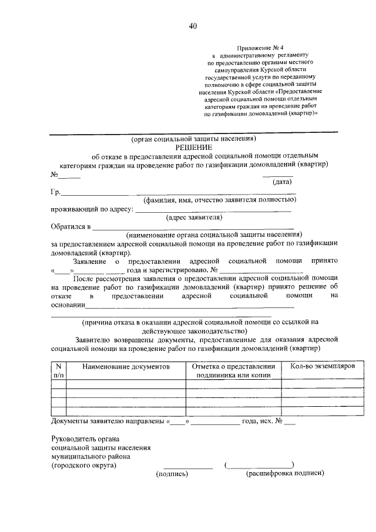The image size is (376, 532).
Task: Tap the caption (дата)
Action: tap(278, 182)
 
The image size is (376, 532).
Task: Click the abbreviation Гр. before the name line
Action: tap(55, 192)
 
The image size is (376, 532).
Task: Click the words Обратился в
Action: tap(70, 226)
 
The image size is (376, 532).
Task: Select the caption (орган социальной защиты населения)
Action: tap(194, 139)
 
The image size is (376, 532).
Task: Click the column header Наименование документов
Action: tap(126, 367)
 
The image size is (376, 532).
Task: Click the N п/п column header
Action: tap(59, 371)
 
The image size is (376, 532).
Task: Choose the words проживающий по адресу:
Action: tap(92, 209)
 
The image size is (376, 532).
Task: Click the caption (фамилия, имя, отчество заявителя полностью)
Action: tap(220, 200)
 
